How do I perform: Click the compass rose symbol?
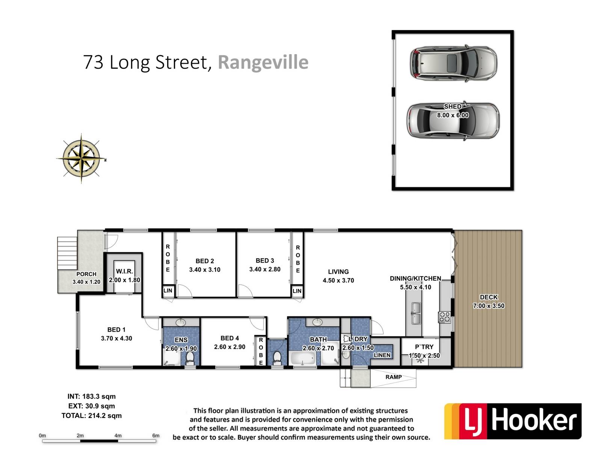click(x=81, y=159)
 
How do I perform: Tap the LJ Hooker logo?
click(x=513, y=421)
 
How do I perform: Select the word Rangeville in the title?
click(x=263, y=62)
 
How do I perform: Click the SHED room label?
click(x=453, y=106)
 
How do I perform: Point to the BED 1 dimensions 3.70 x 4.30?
click(x=116, y=338)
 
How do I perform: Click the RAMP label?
click(x=393, y=377)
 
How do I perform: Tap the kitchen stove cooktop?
click(x=444, y=317)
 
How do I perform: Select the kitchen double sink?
click(x=416, y=313)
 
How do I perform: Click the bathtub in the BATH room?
click(x=303, y=359)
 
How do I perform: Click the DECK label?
click(x=489, y=297)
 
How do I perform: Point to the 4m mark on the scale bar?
click(x=118, y=435)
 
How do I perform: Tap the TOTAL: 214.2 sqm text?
click(x=91, y=416)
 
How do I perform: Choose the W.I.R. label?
click(x=124, y=271)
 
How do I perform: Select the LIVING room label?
click(x=338, y=272)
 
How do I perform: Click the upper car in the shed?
click(x=453, y=63)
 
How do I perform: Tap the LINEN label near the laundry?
click(x=382, y=355)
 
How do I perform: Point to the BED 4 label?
click(x=230, y=338)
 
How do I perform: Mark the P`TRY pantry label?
click(x=424, y=347)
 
